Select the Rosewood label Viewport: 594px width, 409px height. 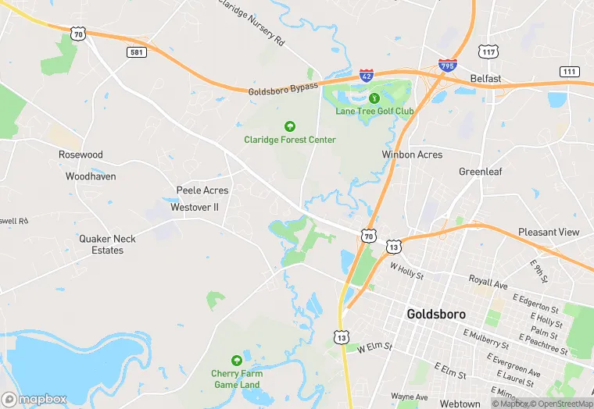pyautogui.click(x=81, y=155)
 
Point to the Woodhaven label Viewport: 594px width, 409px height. pyautogui.click(x=91, y=176)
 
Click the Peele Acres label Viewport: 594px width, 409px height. pyautogui.click(x=202, y=190)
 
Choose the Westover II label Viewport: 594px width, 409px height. pyautogui.click(x=195, y=208)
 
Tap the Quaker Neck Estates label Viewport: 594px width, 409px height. pyautogui.click(x=107, y=244)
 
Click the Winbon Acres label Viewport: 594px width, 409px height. pyautogui.click(x=412, y=155)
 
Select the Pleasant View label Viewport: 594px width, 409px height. pyautogui.click(x=549, y=232)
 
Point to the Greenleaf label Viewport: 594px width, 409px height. pyautogui.click(x=480, y=172)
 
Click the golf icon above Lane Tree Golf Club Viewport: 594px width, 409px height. pyautogui.click(x=374, y=98)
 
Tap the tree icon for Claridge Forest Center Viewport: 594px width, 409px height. pyautogui.click(x=290, y=126)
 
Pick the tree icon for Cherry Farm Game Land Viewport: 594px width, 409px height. pyautogui.click(x=236, y=361)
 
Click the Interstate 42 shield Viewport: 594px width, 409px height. pyautogui.click(x=367, y=76)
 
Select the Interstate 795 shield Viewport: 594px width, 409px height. pyautogui.click(x=448, y=66)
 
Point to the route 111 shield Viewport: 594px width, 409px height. pyautogui.click(x=569, y=71)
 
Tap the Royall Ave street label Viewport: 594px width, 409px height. pyautogui.click(x=488, y=279)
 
